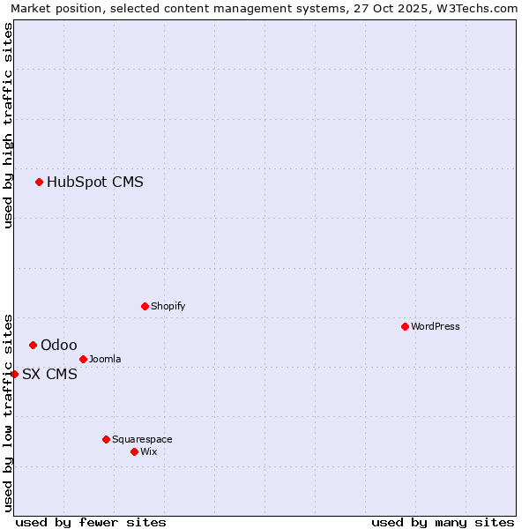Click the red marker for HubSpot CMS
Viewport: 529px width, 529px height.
tap(39, 183)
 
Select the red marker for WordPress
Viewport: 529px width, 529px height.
tap(405, 326)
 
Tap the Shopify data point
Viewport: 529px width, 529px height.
tap(145, 306)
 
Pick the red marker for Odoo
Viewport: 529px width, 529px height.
tap(33, 345)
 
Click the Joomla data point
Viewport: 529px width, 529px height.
tap(83, 359)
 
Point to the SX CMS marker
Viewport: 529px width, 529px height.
tap(15, 374)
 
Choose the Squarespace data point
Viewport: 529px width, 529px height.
tap(106, 439)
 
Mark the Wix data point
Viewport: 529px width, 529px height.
tap(134, 451)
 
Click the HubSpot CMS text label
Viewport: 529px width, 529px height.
tap(95, 183)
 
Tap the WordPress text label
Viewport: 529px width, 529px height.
tap(436, 326)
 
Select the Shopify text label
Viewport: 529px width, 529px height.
tap(168, 306)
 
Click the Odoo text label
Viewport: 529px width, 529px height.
tap(59, 345)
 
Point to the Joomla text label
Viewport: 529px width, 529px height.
tap(105, 359)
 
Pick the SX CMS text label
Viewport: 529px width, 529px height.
tap(49, 374)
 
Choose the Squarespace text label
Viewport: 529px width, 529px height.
tap(142, 439)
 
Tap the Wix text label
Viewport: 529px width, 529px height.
tap(149, 451)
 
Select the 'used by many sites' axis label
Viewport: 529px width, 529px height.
tap(443, 522)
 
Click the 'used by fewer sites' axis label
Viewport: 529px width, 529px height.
tap(91, 522)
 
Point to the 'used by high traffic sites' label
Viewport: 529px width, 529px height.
tap(8, 125)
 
